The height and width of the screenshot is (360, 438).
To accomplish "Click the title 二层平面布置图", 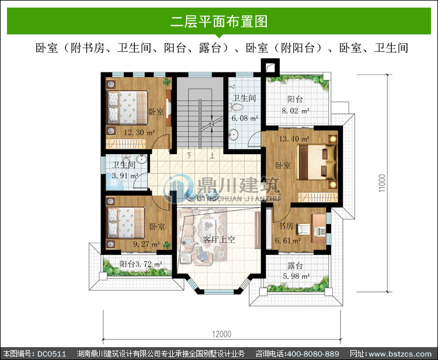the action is [219, 22].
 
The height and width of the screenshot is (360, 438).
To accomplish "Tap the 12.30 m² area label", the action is [139, 132].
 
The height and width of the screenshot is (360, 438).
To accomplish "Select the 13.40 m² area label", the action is [294, 138].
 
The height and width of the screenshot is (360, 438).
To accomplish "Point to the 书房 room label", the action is [286, 225].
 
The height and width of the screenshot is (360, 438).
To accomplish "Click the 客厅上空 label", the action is [219, 239].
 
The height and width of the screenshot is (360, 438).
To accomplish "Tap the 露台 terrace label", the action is [296, 265].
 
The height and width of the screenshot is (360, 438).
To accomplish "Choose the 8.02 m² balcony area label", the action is [296, 111].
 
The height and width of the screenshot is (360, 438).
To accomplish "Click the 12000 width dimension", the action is [222, 334].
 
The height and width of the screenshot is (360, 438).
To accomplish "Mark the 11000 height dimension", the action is [382, 183].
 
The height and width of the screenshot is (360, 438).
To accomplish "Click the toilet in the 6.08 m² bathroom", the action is [236, 107].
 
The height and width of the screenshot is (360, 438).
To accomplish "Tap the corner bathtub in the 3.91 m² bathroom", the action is [114, 182].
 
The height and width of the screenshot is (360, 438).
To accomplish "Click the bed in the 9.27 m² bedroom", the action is [126, 223].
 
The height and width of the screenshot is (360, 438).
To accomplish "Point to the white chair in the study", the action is [304, 229].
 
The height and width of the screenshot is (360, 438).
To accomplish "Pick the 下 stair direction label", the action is [189, 155].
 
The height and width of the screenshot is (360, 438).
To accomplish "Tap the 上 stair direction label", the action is [213, 155].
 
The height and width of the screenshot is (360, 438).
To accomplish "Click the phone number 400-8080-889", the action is [313, 354].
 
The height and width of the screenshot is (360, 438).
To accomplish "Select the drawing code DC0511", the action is [51, 354].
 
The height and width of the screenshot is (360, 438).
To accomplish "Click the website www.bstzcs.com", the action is [400, 354].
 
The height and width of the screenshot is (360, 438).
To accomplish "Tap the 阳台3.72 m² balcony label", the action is [141, 264].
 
